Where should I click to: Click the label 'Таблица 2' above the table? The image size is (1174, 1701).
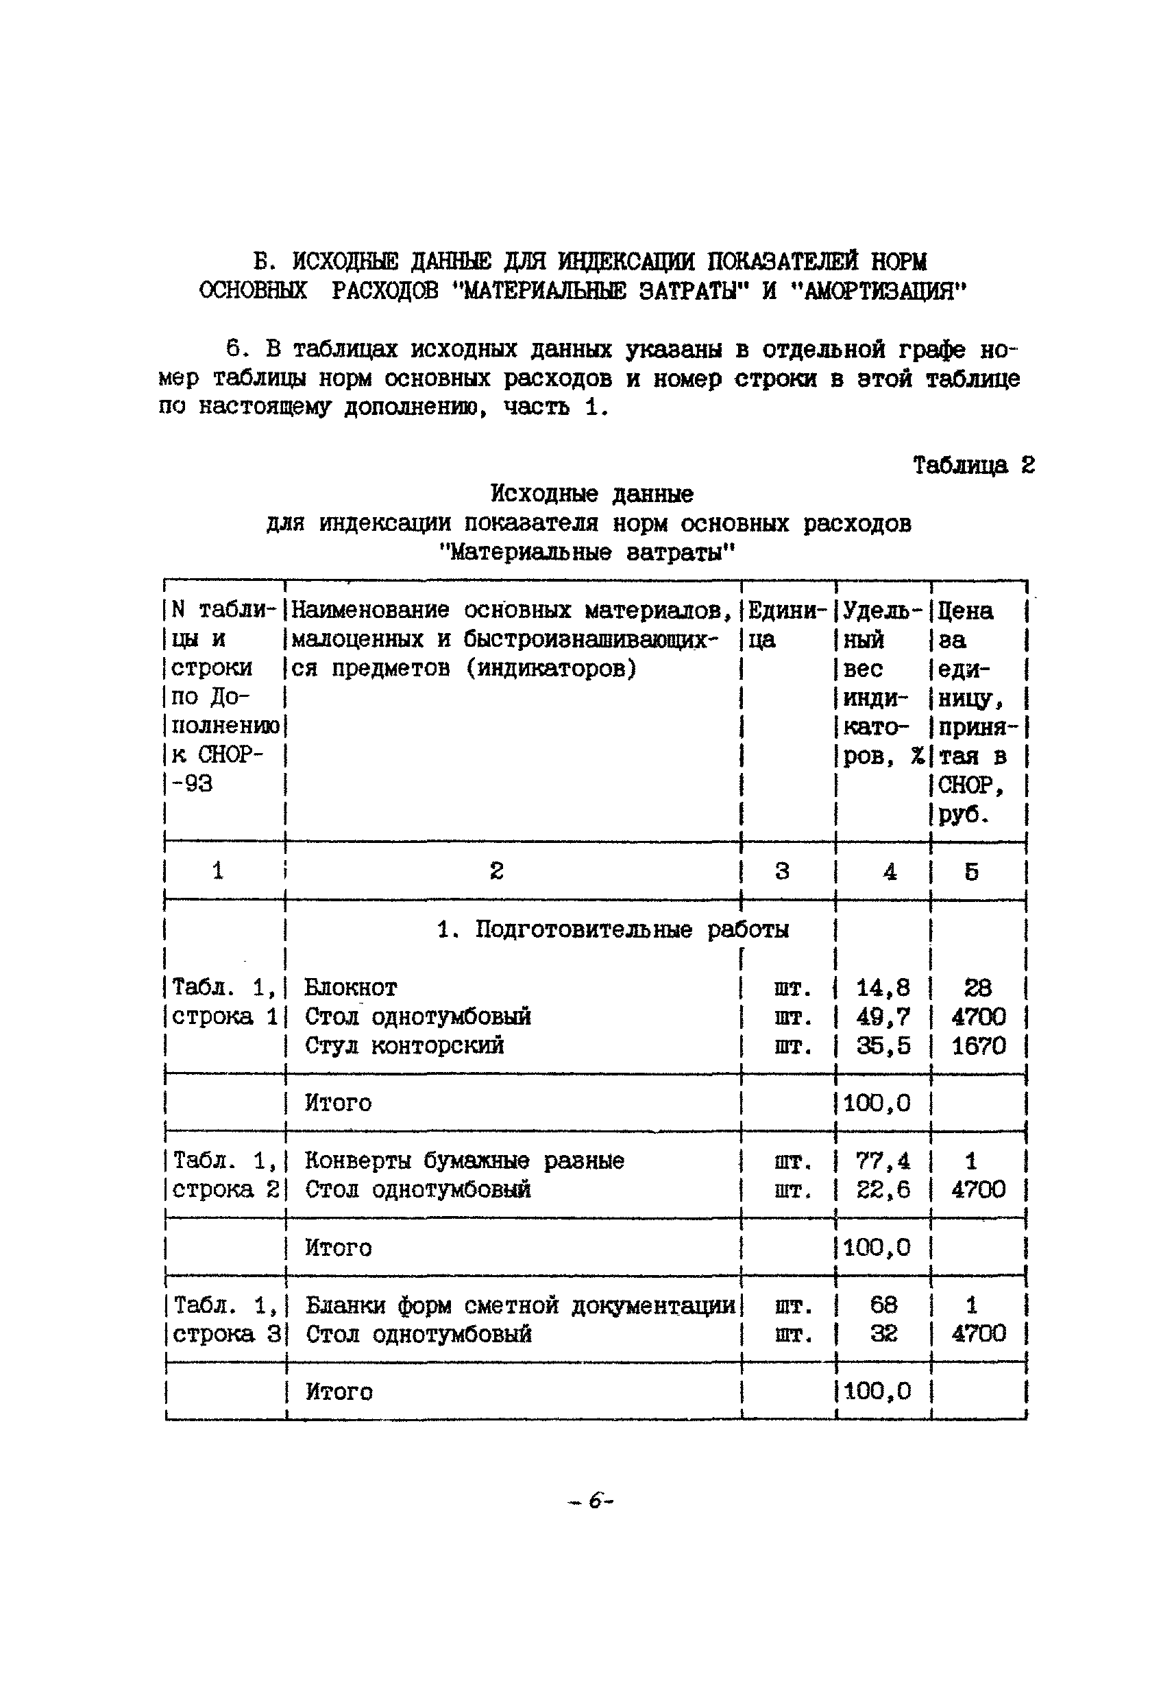[973, 465]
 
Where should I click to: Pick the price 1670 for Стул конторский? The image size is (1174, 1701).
[977, 1045]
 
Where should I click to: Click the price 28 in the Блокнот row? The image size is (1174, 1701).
[977, 987]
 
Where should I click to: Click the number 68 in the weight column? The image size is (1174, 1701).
[883, 1305]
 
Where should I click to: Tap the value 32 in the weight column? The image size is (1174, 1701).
[883, 1334]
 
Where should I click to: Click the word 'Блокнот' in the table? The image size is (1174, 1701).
[350, 987]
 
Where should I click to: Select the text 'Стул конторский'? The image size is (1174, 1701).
[404, 1045]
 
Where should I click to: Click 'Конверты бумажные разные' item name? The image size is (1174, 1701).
[464, 1161]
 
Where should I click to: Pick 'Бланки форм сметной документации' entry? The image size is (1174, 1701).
[519, 1305]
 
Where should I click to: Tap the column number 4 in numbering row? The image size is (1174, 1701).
[890, 872]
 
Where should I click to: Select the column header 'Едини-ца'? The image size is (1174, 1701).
[785, 624]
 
